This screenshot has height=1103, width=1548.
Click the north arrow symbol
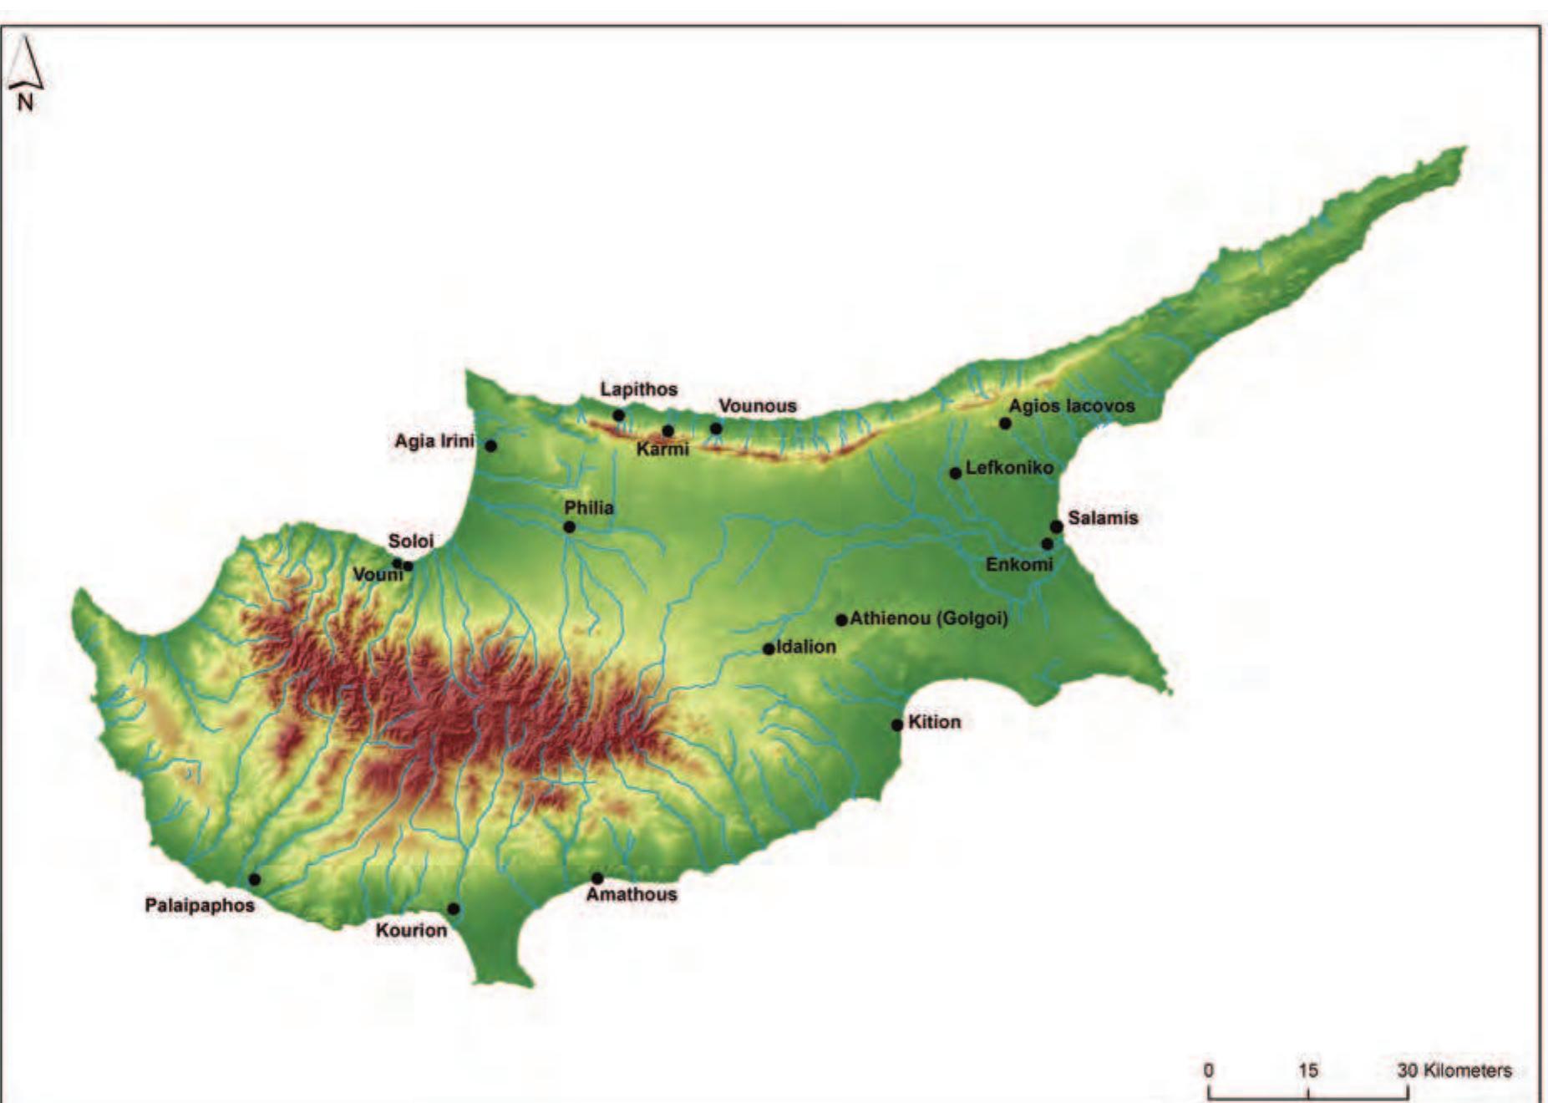[x=25, y=67]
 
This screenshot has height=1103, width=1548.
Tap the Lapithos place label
[x=639, y=389]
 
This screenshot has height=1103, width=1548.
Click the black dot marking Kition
[x=897, y=724]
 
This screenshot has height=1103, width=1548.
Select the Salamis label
[x=1103, y=518]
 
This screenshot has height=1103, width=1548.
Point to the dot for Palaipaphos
[x=255, y=879]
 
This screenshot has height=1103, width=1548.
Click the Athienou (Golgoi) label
[x=929, y=619]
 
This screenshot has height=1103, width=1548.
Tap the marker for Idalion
[x=769, y=648]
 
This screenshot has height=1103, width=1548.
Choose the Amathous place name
[x=632, y=895]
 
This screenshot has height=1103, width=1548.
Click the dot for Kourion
[x=454, y=908]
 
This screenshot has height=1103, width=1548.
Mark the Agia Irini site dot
[x=491, y=445]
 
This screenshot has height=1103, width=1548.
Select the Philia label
[x=589, y=508]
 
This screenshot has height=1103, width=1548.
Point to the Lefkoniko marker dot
[x=956, y=473]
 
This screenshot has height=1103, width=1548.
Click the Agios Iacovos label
[x=1072, y=406]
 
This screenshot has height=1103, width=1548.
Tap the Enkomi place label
[x=1019, y=565]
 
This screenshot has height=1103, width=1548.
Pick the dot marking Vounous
[x=716, y=429]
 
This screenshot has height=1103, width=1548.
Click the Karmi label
[x=662, y=450]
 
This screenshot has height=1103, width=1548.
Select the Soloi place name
[x=411, y=541]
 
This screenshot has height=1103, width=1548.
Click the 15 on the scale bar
[x=1308, y=1070]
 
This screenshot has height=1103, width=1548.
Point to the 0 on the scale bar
[x=1209, y=1070]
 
